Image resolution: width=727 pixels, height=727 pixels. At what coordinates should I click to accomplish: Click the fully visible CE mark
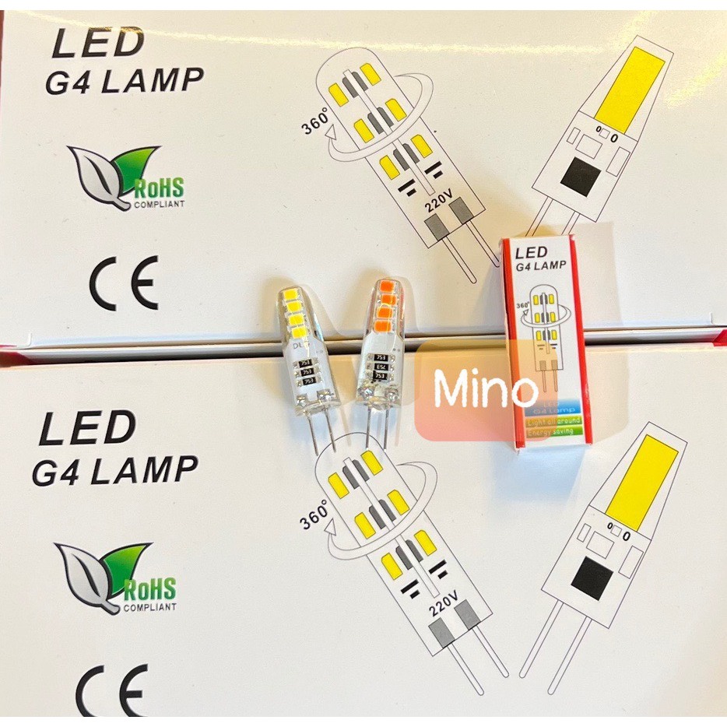(x=124, y=281)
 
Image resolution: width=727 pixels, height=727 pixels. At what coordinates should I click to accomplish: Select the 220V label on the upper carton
(x=438, y=207)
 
